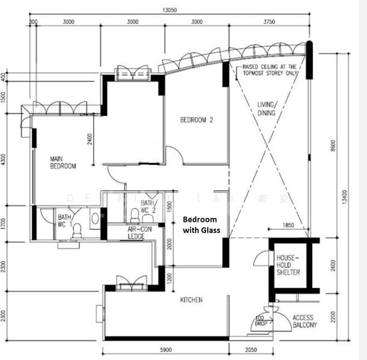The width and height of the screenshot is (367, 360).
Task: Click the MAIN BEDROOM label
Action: point(62,162)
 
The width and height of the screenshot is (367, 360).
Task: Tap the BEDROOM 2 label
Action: point(196,120)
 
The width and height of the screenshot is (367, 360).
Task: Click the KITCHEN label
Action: point(191,299)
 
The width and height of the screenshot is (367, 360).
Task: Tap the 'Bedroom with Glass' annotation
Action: point(201,225)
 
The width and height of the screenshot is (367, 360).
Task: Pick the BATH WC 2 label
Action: point(148,206)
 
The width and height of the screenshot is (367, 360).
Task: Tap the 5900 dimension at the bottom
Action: point(165,350)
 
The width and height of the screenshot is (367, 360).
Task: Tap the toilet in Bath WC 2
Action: point(135,214)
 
